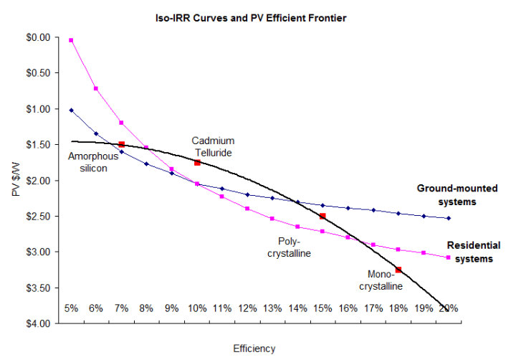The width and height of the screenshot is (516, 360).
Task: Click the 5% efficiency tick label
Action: click(71, 308)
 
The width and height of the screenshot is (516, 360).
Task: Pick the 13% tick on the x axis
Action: click(272, 308)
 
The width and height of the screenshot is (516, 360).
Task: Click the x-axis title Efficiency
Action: click(254, 349)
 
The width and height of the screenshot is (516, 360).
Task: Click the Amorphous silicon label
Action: click(88, 162)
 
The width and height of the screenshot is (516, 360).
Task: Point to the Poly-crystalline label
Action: click(293, 247)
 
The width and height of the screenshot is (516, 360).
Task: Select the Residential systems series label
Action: click(474, 252)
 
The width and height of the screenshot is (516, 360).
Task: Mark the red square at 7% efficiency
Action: click(121, 145)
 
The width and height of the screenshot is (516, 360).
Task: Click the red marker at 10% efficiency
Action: click(197, 163)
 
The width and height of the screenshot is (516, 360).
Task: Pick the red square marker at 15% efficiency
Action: click(322, 216)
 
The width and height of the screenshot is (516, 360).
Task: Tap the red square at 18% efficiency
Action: click(398, 270)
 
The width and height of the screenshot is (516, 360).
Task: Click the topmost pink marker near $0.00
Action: click(71, 40)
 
